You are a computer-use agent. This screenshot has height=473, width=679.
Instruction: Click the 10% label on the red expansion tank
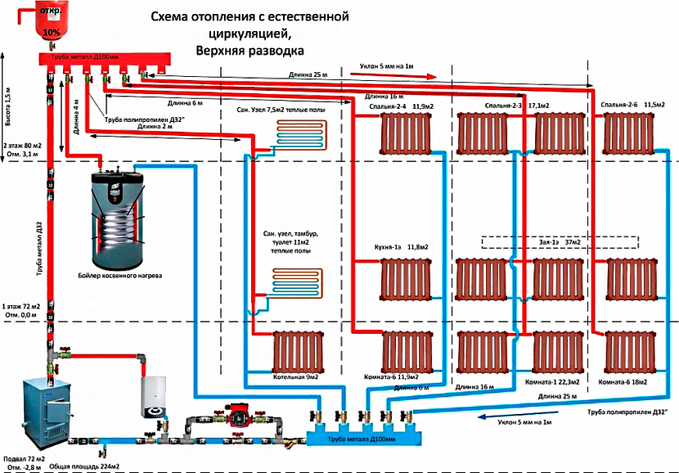tap(52, 32)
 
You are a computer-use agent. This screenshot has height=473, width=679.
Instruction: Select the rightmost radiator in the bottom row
tap(630, 351)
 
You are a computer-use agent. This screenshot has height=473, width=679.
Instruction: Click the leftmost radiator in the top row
tap(406, 131)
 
